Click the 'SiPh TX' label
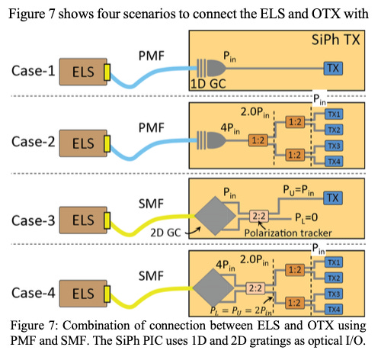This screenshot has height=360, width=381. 337,38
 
